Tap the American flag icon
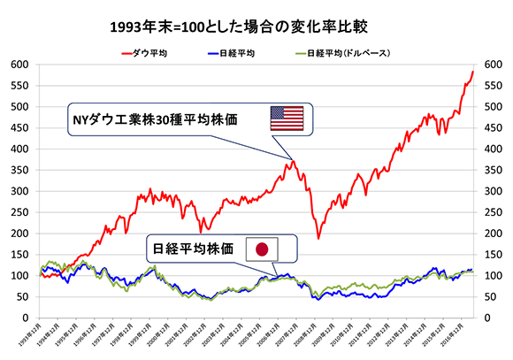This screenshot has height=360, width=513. point(287,118)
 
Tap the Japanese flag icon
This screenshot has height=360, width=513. point(261,249)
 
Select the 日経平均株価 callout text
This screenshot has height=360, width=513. point(195,249)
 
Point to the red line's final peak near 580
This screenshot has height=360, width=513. point(473,72)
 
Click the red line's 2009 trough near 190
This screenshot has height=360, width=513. point(318,238)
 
